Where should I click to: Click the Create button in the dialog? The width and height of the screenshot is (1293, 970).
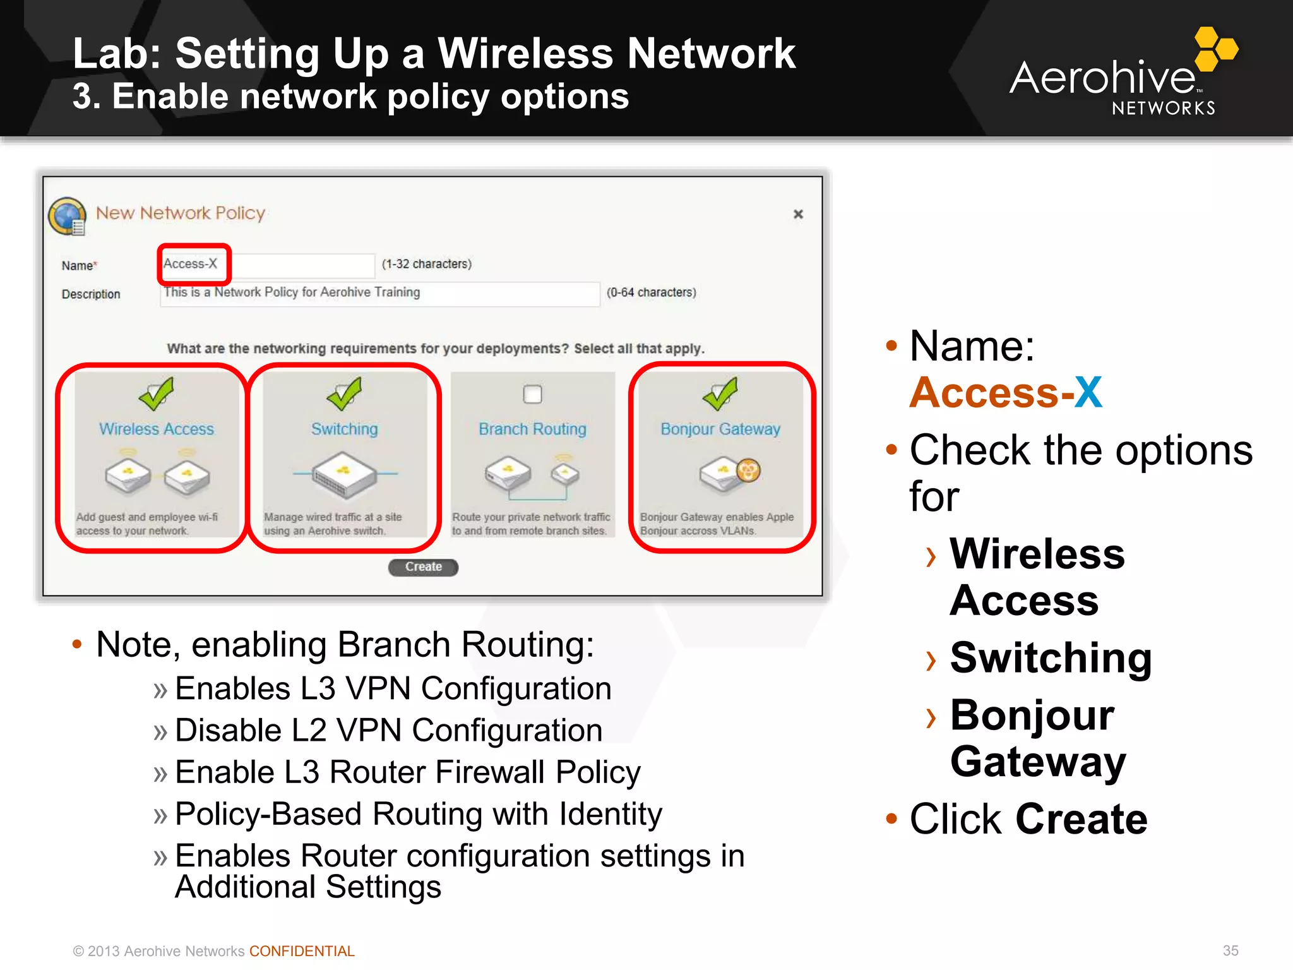point(423,566)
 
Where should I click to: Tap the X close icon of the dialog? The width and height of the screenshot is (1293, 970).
point(798,214)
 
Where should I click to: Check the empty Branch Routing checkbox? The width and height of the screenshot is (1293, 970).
point(532,394)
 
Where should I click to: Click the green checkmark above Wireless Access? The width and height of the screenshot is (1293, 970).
point(155,393)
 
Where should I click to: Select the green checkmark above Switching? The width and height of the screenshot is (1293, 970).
point(344,393)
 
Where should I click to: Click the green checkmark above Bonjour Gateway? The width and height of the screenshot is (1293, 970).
point(720,393)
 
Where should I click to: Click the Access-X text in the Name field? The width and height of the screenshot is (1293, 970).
point(190,264)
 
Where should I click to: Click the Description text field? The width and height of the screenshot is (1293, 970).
point(379,293)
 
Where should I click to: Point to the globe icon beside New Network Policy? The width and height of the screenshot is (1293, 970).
point(67,216)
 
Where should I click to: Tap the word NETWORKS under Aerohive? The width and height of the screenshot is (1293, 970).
point(1163,109)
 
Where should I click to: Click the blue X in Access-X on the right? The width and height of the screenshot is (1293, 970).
point(1088,393)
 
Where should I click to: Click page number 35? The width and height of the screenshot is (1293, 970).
point(1230,950)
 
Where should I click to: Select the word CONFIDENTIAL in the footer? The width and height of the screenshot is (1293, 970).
point(302,951)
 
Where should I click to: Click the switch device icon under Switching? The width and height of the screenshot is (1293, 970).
point(344,475)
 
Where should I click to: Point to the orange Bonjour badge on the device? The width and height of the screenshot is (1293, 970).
point(748,470)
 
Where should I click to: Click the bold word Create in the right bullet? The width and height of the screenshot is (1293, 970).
point(1081,819)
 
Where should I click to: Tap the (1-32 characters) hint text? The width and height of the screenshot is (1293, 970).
point(426,264)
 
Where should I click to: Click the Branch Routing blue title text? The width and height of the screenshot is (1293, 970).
point(532,429)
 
